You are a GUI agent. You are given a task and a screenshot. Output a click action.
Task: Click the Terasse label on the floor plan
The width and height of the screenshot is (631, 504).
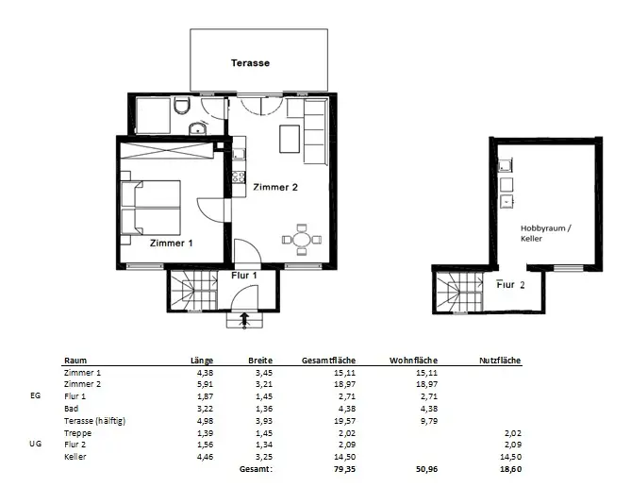pyautogui.click(x=250, y=63)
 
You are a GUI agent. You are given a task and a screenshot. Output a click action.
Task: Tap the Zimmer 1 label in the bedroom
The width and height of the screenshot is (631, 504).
pyautogui.click(x=171, y=244)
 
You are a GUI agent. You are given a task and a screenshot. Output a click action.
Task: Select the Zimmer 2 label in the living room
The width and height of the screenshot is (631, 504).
pyautogui.click(x=275, y=187)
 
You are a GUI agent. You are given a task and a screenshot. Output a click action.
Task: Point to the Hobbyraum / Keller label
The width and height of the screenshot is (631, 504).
pyautogui.click(x=545, y=233)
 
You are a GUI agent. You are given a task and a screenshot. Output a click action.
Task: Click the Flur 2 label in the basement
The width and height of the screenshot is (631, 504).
pyautogui.click(x=510, y=285)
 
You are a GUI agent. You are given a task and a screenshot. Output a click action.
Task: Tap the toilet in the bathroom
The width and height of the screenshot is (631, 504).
pyautogui.click(x=181, y=107)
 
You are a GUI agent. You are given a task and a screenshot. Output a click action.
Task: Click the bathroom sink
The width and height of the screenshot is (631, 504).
pyautogui.click(x=197, y=128)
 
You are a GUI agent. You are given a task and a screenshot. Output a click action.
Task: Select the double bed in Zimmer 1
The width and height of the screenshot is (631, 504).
pyautogui.click(x=151, y=208)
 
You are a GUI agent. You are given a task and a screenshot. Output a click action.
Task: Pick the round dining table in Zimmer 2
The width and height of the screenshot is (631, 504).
pyautogui.click(x=302, y=240)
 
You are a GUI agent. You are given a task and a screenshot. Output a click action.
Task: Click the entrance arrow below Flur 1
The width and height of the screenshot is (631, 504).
pyautogui.click(x=244, y=321)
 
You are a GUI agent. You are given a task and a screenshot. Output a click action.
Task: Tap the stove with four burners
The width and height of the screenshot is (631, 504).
pyautogui.click(x=239, y=176)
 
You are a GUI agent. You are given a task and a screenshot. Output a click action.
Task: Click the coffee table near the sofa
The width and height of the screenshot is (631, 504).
pyautogui.click(x=290, y=139)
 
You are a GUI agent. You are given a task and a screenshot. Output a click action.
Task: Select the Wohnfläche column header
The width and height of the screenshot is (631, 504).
pyautogui.click(x=413, y=361)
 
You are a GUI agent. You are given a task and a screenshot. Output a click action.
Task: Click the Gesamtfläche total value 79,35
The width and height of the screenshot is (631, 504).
pyautogui.click(x=345, y=469)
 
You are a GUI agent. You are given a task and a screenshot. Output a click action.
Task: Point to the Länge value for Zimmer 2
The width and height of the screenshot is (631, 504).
pyautogui.click(x=206, y=384)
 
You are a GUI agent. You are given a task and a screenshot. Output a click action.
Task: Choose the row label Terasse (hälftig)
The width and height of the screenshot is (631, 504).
pyautogui.click(x=95, y=421)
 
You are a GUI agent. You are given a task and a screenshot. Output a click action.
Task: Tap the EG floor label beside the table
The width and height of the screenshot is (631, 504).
pyautogui.click(x=36, y=395)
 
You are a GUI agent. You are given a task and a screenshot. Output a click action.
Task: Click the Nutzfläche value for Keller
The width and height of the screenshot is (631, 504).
pyautogui.click(x=511, y=457)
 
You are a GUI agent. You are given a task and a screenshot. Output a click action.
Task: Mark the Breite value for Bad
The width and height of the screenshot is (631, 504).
pyautogui.click(x=264, y=409)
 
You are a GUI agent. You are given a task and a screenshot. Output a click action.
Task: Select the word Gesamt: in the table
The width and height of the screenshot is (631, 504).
pyautogui.click(x=256, y=469)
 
